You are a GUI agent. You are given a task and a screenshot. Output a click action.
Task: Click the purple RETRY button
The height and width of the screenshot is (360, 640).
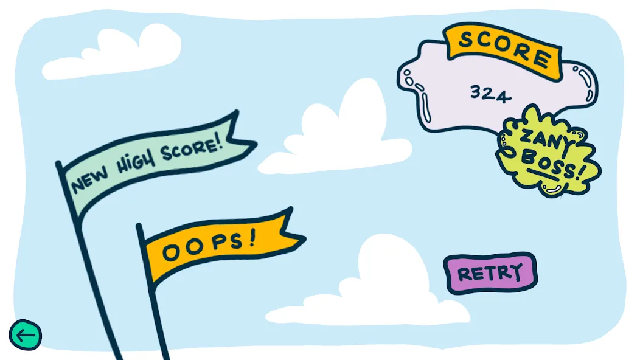point(490,273)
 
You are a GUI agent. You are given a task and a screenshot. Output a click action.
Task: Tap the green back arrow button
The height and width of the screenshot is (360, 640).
point(26,335)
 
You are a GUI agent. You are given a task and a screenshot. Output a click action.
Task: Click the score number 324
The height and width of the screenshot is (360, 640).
point(490,94)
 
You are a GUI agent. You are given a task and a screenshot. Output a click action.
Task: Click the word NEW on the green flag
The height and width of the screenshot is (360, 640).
point(90,180)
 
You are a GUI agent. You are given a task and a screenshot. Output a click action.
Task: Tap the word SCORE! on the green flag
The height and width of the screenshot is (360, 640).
point(192,147)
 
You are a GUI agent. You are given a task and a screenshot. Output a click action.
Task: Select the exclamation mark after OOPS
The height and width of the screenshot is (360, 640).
point(252,237)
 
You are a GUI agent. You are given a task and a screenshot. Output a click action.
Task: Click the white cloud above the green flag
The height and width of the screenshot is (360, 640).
point(113,52)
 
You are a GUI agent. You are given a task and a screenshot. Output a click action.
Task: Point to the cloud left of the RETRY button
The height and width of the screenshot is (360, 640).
point(368,286)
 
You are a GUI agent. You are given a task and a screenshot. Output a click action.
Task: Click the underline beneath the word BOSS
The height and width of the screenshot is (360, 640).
point(543,175)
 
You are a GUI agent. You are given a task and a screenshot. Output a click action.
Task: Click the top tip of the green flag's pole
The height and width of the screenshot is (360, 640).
point(58,163)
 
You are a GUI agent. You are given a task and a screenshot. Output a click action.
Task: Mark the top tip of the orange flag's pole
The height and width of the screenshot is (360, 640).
point(139,226)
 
